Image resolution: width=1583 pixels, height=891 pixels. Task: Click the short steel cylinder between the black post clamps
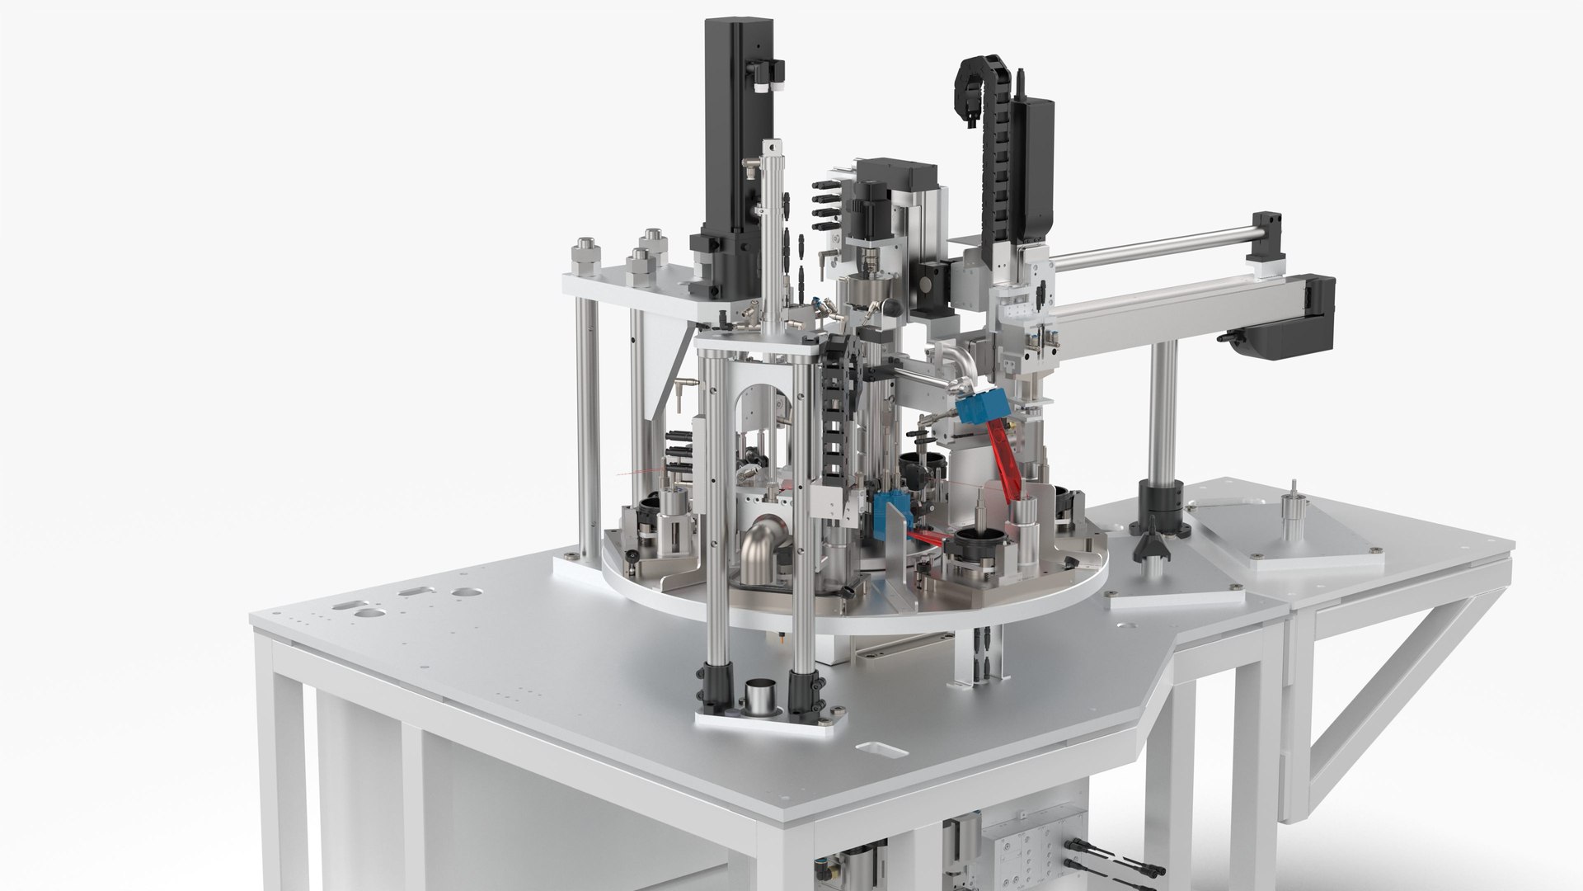click(759, 697)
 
